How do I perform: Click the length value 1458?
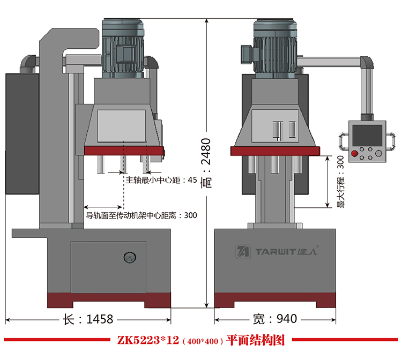[100, 319]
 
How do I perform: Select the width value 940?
[287, 319]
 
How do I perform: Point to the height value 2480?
[206, 152]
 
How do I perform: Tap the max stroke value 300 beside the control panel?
[341, 162]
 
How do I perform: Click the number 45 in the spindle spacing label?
[192, 180]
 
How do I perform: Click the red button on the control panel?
[355, 153]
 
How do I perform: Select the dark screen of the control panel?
[367, 135]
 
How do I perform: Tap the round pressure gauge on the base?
[130, 257]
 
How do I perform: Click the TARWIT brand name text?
[276, 252]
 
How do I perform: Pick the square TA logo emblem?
[243, 251]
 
